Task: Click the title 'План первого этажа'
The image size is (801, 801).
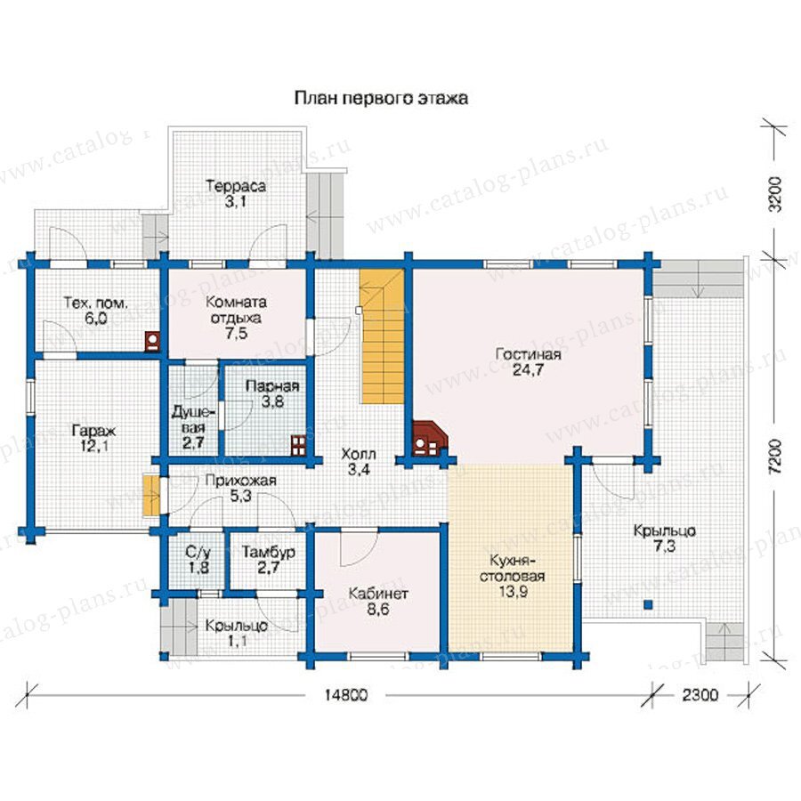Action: point(381,98)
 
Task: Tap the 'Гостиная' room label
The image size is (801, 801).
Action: point(528,354)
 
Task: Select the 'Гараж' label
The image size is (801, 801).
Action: point(94,431)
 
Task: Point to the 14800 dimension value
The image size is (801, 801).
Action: point(344,695)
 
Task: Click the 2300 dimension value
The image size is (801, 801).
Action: point(700,695)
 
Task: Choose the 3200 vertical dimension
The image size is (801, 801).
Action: point(775,194)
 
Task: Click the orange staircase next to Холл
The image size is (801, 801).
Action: point(382,336)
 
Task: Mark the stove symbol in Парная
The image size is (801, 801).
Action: point(298,445)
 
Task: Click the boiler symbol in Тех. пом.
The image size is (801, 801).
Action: point(152,341)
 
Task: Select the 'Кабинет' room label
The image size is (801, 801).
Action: point(378,594)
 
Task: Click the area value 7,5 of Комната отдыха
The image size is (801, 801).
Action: point(236,334)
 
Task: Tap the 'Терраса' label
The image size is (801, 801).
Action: point(236,186)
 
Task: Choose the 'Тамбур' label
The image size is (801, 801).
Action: point(269,553)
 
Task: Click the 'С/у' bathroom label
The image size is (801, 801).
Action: point(198,552)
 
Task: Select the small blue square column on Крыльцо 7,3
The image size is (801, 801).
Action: point(648,604)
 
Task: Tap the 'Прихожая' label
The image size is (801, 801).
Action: point(241,481)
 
